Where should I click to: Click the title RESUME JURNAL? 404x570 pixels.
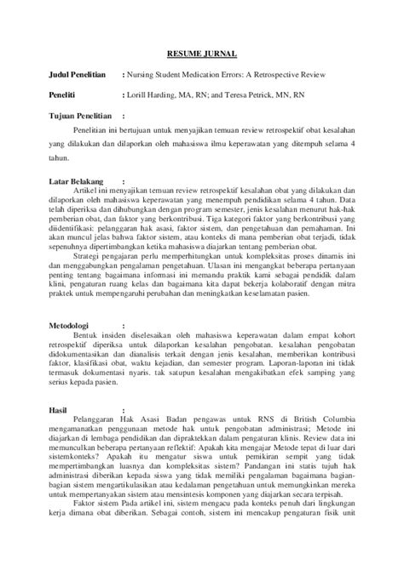[201, 53]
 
